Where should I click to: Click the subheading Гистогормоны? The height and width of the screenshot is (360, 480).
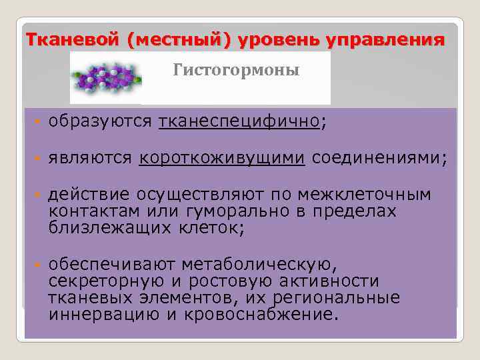(x=237, y=70)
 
